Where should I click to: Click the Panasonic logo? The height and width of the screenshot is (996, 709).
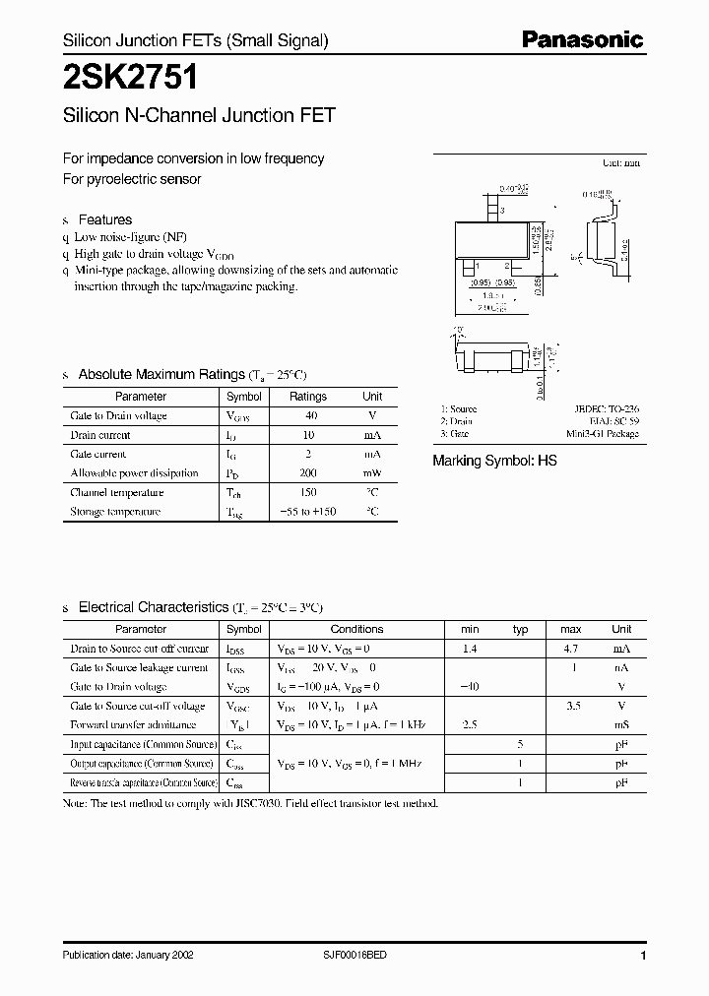click(x=582, y=39)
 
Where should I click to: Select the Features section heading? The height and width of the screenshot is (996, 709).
click(x=104, y=219)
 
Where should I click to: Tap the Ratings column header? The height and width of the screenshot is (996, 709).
click(x=308, y=397)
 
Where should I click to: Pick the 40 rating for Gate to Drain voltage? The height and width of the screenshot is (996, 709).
click(x=308, y=415)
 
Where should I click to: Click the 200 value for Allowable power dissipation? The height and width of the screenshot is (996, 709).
click(x=308, y=473)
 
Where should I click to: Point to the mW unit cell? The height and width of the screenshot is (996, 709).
click(x=372, y=473)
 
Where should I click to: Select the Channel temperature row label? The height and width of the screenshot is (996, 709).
click(x=116, y=492)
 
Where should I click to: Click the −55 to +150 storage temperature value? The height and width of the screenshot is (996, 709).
click(x=308, y=512)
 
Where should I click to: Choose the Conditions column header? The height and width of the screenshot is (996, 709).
click(x=356, y=629)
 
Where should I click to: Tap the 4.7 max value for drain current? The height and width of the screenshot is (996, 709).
click(x=571, y=649)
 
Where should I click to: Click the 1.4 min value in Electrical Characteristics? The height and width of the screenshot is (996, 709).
click(x=470, y=649)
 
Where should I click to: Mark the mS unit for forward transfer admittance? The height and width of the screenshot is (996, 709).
click(x=621, y=725)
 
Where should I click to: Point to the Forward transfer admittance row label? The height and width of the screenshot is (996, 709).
click(x=133, y=725)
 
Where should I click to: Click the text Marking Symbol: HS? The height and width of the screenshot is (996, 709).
click(x=494, y=461)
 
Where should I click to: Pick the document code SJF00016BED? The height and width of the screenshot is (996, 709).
click(x=355, y=956)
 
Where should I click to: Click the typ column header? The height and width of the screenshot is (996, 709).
click(x=521, y=629)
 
